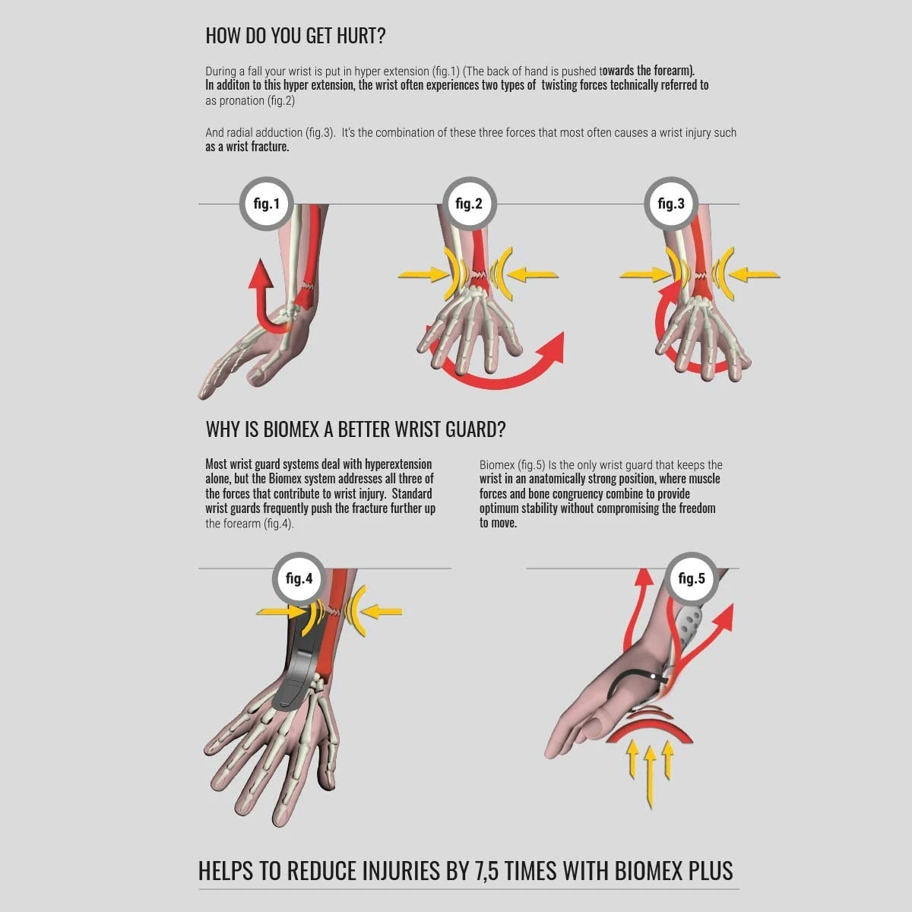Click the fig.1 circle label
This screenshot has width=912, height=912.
(x=267, y=204)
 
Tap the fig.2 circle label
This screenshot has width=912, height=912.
(x=469, y=204)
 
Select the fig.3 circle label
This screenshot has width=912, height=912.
(x=671, y=204)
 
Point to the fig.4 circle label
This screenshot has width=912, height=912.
(x=299, y=578)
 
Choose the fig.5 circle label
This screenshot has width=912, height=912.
(x=692, y=578)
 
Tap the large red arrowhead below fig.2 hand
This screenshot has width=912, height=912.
(x=553, y=347)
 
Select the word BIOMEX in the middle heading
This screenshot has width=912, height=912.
(x=291, y=429)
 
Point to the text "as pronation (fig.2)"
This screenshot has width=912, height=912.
(x=250, y=101)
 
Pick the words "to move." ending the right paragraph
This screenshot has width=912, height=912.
(x=498, y=523)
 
